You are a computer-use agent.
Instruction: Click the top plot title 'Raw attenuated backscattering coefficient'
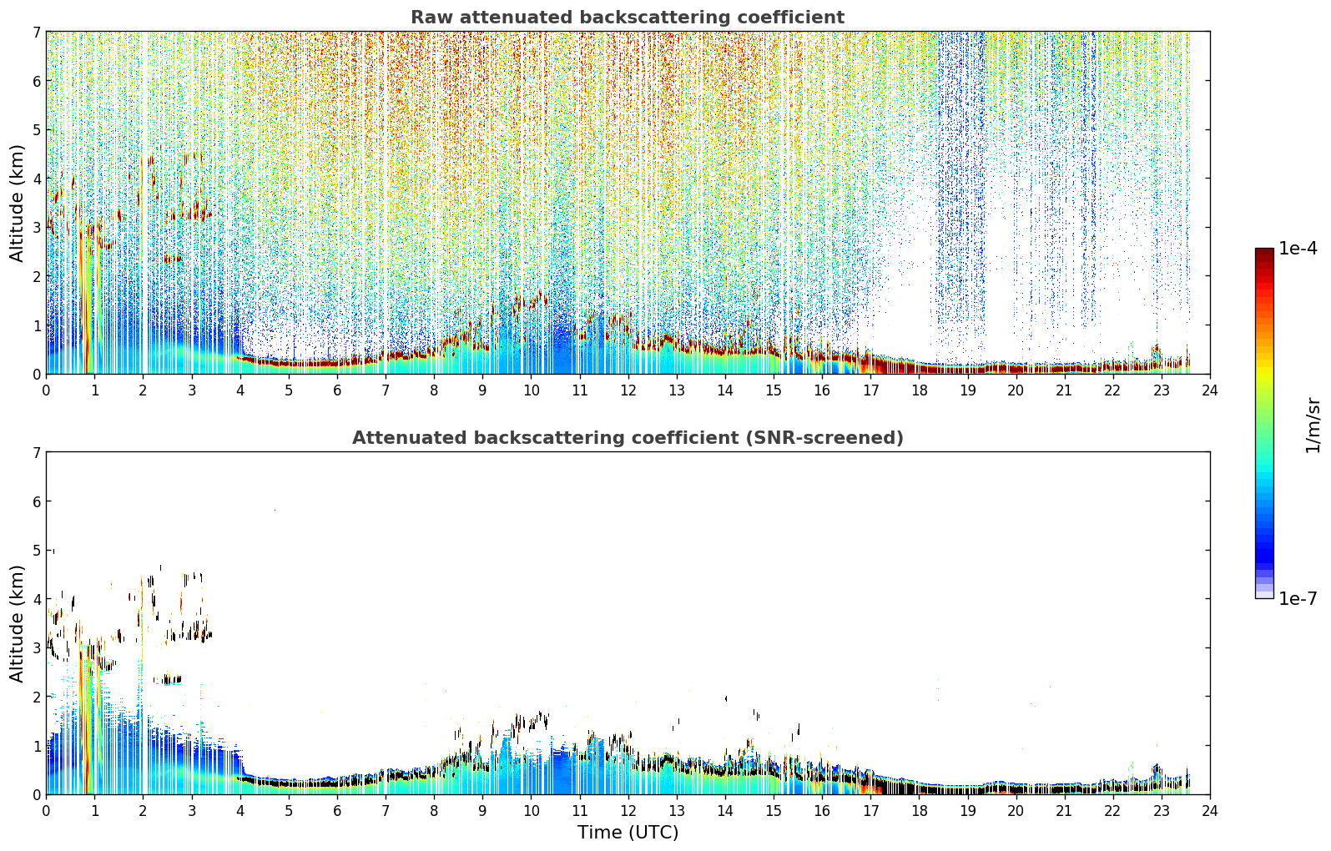pos(628,18)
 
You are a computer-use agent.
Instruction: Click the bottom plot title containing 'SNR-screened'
pos(628,437)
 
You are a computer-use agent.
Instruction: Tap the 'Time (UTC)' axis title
pos(628,832)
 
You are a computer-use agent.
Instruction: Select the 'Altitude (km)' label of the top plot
pos(17,204)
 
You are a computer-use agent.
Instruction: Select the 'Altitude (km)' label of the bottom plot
pos(17,624)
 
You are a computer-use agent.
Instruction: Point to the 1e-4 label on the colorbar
pos(1298,249)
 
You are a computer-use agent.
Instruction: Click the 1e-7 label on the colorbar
pos(1298,598)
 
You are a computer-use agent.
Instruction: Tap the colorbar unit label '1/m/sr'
pos(1313,425)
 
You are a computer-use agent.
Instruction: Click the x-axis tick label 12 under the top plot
pos(628,390)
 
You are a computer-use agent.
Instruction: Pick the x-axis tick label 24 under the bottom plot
pos(1210,811)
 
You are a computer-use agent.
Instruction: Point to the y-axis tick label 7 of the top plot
pos(37,32)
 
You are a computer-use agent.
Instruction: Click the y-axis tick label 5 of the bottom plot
pos(37,551)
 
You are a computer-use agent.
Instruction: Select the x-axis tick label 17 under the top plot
pos(870,390)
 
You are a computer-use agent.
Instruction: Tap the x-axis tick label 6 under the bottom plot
pos(337,811)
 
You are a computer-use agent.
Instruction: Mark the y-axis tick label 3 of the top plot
pos(37,227)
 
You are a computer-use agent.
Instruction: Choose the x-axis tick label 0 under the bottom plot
pos(47,811)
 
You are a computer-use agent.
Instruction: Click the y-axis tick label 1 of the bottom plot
pos(37,746)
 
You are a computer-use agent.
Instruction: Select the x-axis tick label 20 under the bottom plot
pos(1016,811)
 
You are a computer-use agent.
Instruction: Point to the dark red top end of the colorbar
pos(1264,250)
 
